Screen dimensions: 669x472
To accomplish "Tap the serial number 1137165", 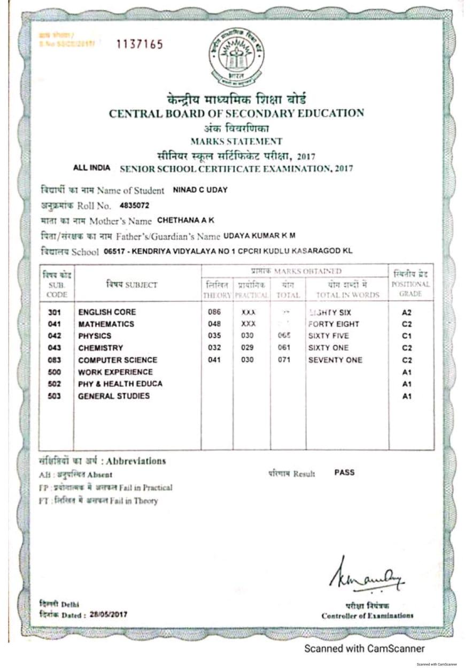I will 140,44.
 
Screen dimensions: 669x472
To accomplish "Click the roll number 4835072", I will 135,205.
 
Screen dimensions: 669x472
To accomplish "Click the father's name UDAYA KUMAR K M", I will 259,235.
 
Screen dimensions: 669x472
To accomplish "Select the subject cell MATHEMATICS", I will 106,324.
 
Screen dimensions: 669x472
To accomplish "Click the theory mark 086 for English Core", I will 214,311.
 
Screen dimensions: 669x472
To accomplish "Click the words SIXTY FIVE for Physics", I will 328,336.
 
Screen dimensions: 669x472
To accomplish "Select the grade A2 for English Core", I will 407,311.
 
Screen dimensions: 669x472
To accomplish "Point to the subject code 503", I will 54,396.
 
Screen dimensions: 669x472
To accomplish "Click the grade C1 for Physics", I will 407,336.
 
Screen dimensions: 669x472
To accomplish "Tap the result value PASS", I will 344,473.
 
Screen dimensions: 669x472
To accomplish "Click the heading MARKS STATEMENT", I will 236,141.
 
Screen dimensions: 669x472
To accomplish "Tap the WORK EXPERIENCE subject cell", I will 115,372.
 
